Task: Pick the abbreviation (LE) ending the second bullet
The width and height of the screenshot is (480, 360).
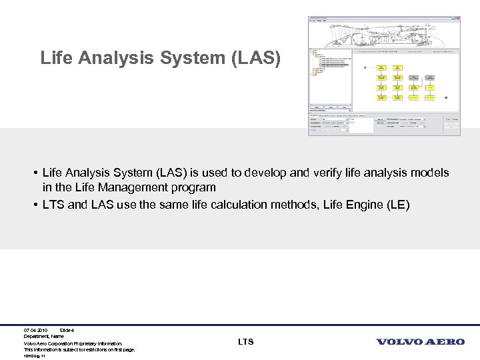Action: coord(398,205)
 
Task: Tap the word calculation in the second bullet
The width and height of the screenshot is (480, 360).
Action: coord(238,205)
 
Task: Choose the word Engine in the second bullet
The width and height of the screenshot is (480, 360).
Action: coord(363,205)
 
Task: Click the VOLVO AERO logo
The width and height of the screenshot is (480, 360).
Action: coord(421,342)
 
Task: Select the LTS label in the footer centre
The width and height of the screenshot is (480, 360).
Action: coord(245,342)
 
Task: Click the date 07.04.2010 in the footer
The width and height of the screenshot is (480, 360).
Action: coord(35,330)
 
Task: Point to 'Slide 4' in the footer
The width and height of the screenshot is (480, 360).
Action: coord(67,330)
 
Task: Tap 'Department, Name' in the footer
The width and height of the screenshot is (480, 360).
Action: coord(44,337)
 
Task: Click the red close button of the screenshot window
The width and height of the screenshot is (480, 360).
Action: coord(457,18)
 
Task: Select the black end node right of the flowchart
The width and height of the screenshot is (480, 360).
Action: coord(447,97)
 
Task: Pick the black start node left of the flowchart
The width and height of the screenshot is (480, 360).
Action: coord(364,67)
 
